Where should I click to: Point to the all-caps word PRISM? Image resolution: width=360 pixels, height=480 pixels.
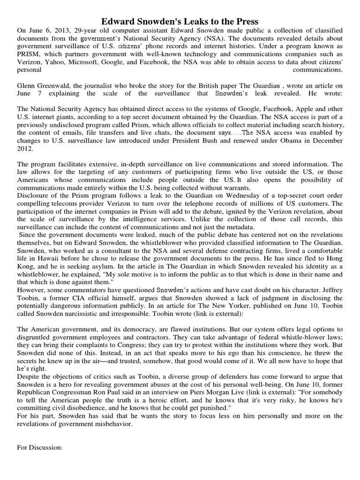pos(28,54)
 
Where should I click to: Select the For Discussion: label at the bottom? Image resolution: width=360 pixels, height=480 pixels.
pos(40,447)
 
